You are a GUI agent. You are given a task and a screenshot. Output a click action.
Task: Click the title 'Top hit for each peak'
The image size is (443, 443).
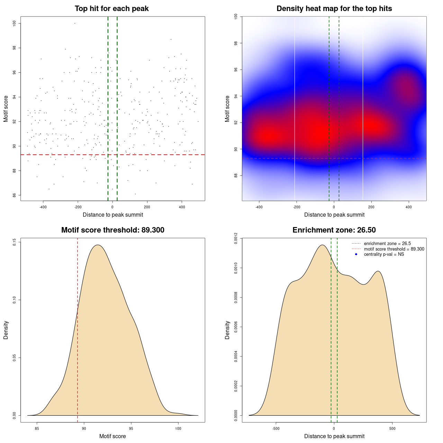pyautogui.click(x=111, y=9)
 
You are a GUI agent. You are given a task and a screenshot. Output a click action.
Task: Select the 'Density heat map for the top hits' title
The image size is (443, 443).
pyautogui.click(x=334, y=9)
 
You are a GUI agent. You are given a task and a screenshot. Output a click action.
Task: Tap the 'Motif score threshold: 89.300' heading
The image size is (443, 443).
pyautogui.click(x=112, y=230)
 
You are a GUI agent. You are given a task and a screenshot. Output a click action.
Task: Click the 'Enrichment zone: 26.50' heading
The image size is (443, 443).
pyautogui.click(x=334, y=230)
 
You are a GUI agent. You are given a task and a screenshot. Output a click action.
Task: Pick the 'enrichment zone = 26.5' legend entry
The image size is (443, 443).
pyautogui.click(x=387, y=244)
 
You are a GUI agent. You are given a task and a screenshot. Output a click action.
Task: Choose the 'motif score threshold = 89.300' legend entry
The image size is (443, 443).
pyautogui.click(x=394, y=249)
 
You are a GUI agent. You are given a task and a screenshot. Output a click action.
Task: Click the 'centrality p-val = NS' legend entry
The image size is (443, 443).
pyautogui.click(x=384, y=254)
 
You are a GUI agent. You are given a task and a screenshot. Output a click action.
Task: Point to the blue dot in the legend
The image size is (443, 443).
pyautogui.click(x=356, y=254)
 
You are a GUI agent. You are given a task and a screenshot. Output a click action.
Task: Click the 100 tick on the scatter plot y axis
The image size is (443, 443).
pyautogui.click(x=14, y=23)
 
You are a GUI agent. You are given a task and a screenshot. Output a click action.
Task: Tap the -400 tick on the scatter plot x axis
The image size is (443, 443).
pyautogui.click(x=43, y=207)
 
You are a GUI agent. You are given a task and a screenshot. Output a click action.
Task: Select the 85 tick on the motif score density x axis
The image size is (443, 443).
pyautogui.click(x=37, y=428)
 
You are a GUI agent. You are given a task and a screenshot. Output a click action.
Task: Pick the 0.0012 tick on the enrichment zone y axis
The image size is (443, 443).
pyautogui.click(x=236, y=238)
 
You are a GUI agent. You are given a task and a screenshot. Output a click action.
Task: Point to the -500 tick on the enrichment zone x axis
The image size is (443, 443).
pyautogui.click(x=276, y=428)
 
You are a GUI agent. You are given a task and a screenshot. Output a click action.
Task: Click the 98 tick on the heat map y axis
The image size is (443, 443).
pyautogui.click(x=236, y=43)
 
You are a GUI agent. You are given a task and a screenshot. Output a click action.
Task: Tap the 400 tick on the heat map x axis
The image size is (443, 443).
pyautogui.click(x=409, y=207)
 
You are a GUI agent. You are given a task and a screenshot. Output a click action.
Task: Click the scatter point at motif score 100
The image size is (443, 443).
pyautogui.click(x=75, y=23)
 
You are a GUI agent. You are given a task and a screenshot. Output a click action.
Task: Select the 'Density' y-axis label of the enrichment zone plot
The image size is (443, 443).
pyautogui.click(x=227, y=330)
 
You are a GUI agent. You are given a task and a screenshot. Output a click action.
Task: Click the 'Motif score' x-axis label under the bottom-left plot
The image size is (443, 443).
pyautogui.click(x=112, y=436)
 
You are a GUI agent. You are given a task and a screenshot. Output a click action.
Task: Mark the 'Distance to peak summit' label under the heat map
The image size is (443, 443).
pyautogui.click(x=334, y=215)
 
